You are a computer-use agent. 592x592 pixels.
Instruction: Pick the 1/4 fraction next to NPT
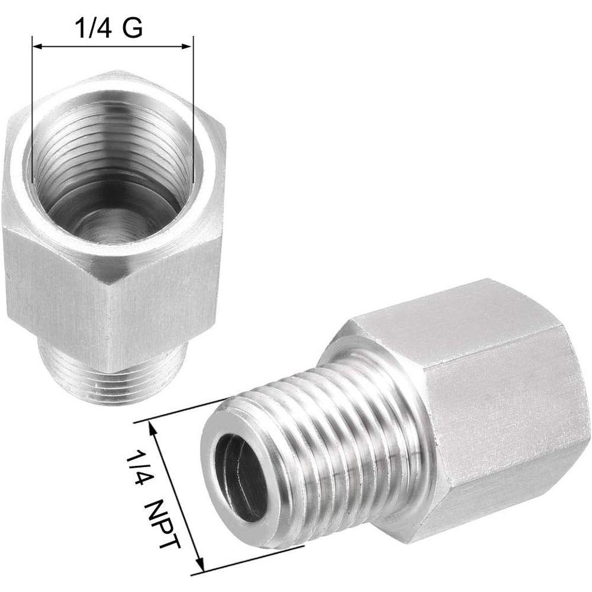click(x=137, y=464)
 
